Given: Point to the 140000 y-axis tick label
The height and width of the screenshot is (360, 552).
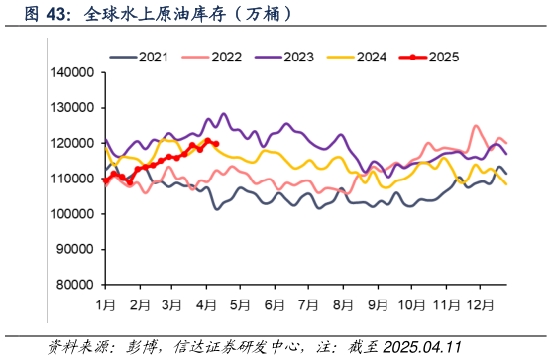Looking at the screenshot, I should tap(69, 73).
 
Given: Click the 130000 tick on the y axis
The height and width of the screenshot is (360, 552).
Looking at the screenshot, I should tap(69, 108).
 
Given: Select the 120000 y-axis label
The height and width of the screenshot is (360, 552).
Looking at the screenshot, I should tap(69, 143).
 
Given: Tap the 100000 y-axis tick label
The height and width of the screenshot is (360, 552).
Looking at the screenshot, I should tap(69, 214).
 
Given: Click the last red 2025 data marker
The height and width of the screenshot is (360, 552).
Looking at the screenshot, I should tap(215, 145).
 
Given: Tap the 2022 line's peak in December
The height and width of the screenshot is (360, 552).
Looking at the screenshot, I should tap(477, 126).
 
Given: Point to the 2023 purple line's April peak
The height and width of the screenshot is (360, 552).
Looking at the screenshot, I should tap(223, 114).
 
